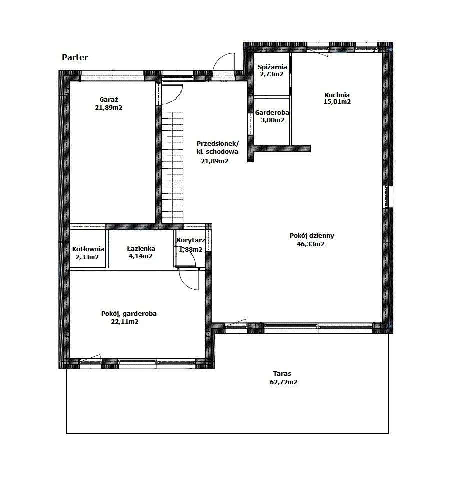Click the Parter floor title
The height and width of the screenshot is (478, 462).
(75, 57)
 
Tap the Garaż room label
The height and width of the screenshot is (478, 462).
(109, 99)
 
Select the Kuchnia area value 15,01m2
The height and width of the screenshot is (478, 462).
(337, 102)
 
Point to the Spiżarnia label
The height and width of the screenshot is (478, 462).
(272, 67)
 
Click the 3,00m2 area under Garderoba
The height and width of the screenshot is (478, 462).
(272, 120)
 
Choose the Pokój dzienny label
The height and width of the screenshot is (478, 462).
(312, 236)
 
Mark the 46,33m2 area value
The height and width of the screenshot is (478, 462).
(310, 244)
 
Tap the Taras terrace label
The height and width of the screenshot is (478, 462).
(282, 373)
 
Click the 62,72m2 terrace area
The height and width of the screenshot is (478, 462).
(283, 382)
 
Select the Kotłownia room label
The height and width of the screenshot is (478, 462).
(88, 249)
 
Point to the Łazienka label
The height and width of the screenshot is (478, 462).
(141, 249)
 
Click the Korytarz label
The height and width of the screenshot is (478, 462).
(191, 240)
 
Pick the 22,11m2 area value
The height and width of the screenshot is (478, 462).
(125, 322)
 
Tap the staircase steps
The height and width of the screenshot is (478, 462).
(172, 167)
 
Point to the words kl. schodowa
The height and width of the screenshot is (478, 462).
(217, 152)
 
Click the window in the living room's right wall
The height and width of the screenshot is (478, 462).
(387, 196)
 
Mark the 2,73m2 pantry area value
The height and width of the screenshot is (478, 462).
(271, 74)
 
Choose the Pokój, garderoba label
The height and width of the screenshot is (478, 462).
(129, 313)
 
